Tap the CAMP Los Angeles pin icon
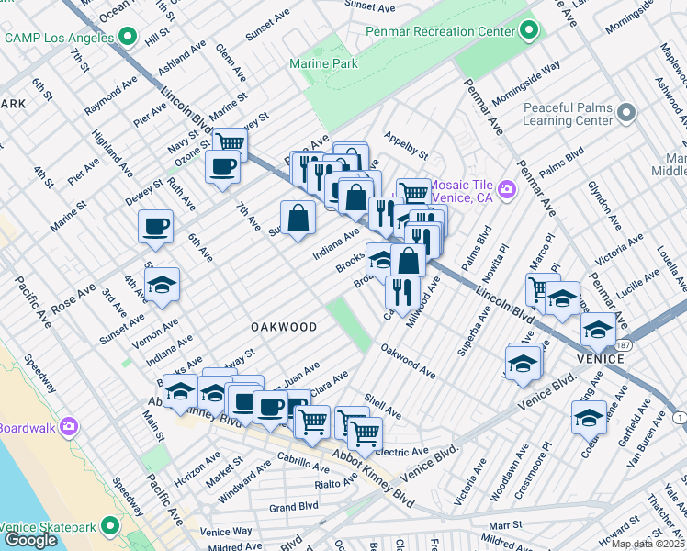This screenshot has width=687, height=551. pos(128,38)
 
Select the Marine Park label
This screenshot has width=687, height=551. pos(323,63)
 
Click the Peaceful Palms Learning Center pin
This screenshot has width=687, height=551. pos(626,114)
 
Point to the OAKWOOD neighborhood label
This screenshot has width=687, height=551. pos(284,327)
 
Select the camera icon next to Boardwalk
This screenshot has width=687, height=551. pos(68,427)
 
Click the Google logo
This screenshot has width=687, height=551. pos(30,540)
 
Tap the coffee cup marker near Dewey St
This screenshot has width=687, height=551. pos(155,226)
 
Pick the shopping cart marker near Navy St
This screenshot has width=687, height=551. pos(230,143)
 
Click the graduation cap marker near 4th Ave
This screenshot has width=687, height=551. pos(162,285)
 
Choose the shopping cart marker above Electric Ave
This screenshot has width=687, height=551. pos(366,433)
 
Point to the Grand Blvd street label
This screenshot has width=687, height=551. pos(294,506)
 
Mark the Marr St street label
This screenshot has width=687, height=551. pos(505,524)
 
